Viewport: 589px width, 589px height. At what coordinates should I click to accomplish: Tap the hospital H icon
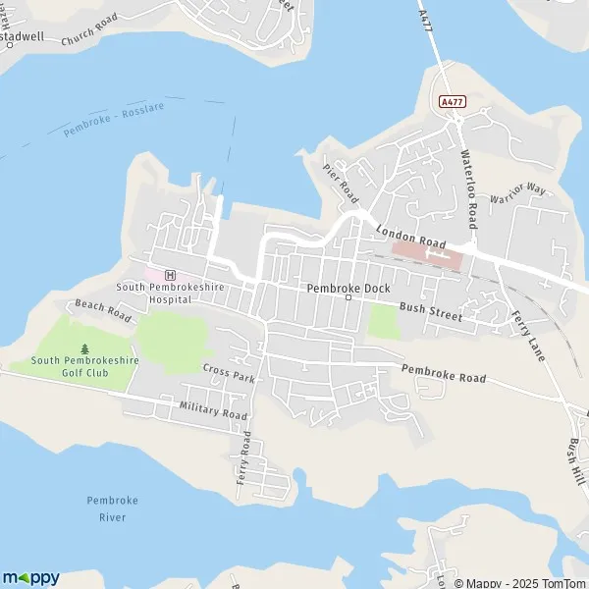coord(170,275)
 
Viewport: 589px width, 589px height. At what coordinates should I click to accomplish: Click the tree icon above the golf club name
coord(84,348)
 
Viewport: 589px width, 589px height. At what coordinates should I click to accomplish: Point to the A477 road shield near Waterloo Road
coord(452,101)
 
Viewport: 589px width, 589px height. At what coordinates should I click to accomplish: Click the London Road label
coord(411,237)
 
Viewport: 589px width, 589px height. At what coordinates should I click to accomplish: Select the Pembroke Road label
coord(444,372)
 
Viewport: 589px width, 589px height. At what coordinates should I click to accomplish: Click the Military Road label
coord(214,409)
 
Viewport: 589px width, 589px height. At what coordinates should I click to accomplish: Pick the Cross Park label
coord(229,372)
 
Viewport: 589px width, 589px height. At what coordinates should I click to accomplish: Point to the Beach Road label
coord(103,310)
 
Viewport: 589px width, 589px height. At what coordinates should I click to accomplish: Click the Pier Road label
coord(341,183)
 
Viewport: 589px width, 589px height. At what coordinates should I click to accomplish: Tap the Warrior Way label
coord(517,192)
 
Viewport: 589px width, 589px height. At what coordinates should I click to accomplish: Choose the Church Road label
coord(89,29)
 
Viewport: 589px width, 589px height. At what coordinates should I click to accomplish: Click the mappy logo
coord(30,577)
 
